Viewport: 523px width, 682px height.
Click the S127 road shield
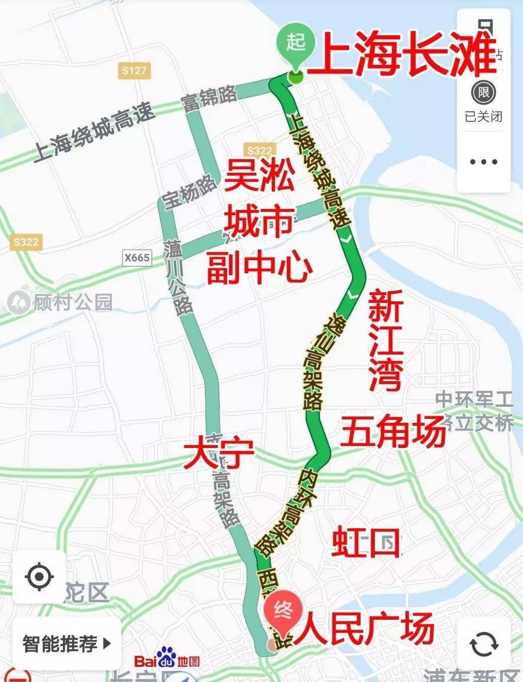(x=134, y=70)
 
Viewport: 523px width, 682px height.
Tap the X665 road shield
(x=137, y=258)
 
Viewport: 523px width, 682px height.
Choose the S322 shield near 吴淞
(x=260, y=150)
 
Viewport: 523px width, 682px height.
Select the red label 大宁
(x=219, y=454)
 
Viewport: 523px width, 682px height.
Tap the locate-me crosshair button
(x=39, y=576)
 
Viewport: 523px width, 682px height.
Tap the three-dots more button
(x=484, y=162)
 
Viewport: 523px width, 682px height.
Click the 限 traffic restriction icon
(x=484, y=93)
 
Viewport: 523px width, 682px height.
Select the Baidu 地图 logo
(x=167, y=660)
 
